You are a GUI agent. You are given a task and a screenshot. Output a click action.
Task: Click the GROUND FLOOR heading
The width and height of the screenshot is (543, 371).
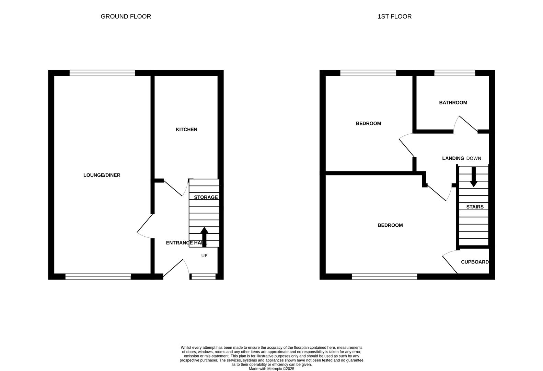[126, 16]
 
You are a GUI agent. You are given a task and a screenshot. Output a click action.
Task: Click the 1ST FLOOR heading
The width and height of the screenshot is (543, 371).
[394, 16]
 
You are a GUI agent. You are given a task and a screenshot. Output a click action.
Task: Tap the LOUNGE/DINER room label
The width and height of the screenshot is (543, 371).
[102, 175]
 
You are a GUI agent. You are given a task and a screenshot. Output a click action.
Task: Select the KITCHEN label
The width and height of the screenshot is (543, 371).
[186, 130]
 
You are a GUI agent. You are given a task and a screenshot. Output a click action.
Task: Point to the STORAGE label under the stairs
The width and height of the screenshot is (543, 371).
[206, 197]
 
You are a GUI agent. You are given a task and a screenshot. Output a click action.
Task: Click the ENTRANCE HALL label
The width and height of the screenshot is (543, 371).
[186, 243]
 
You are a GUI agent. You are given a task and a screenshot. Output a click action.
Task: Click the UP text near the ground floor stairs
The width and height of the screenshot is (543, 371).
[204, 256]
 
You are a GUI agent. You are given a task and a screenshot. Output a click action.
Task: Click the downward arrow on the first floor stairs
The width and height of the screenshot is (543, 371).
[473, 178]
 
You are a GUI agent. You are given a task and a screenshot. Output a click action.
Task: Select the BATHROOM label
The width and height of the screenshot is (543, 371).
[453, 103]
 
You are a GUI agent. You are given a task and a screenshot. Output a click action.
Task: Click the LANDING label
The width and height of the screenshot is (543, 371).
[453, 158]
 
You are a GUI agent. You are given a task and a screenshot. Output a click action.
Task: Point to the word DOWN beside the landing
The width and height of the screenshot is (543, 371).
[474, 158]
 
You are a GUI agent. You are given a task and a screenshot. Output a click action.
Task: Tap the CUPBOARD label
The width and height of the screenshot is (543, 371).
[475, 262]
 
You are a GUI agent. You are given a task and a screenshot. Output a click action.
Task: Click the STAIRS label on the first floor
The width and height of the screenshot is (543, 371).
[475, 207]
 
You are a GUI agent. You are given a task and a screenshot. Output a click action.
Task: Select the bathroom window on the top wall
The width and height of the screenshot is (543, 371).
[454, 73]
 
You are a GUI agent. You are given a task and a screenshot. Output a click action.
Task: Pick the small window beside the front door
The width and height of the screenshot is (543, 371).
[203, 277]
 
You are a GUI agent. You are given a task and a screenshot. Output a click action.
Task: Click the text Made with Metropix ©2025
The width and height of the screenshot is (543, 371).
[271, 369]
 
